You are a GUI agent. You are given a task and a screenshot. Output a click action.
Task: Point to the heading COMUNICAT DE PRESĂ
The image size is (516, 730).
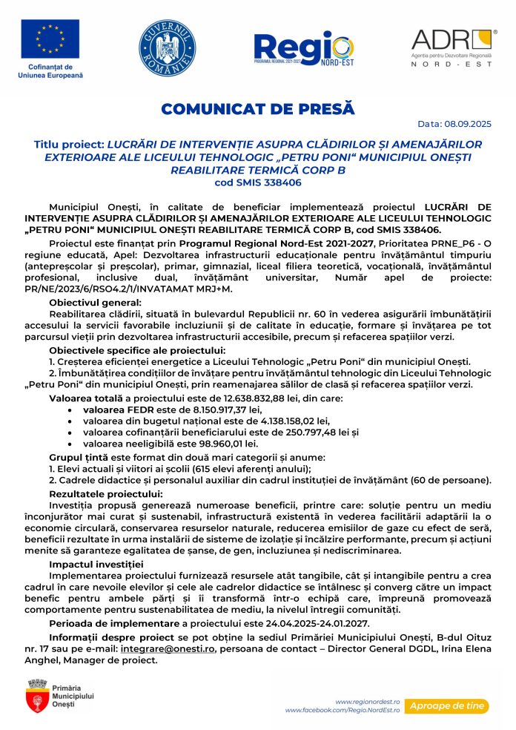pyautogui.click(x=258, y=109)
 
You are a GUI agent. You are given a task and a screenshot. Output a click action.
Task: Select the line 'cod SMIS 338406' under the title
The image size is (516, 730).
pyautogui.click(x=258, y=182)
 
